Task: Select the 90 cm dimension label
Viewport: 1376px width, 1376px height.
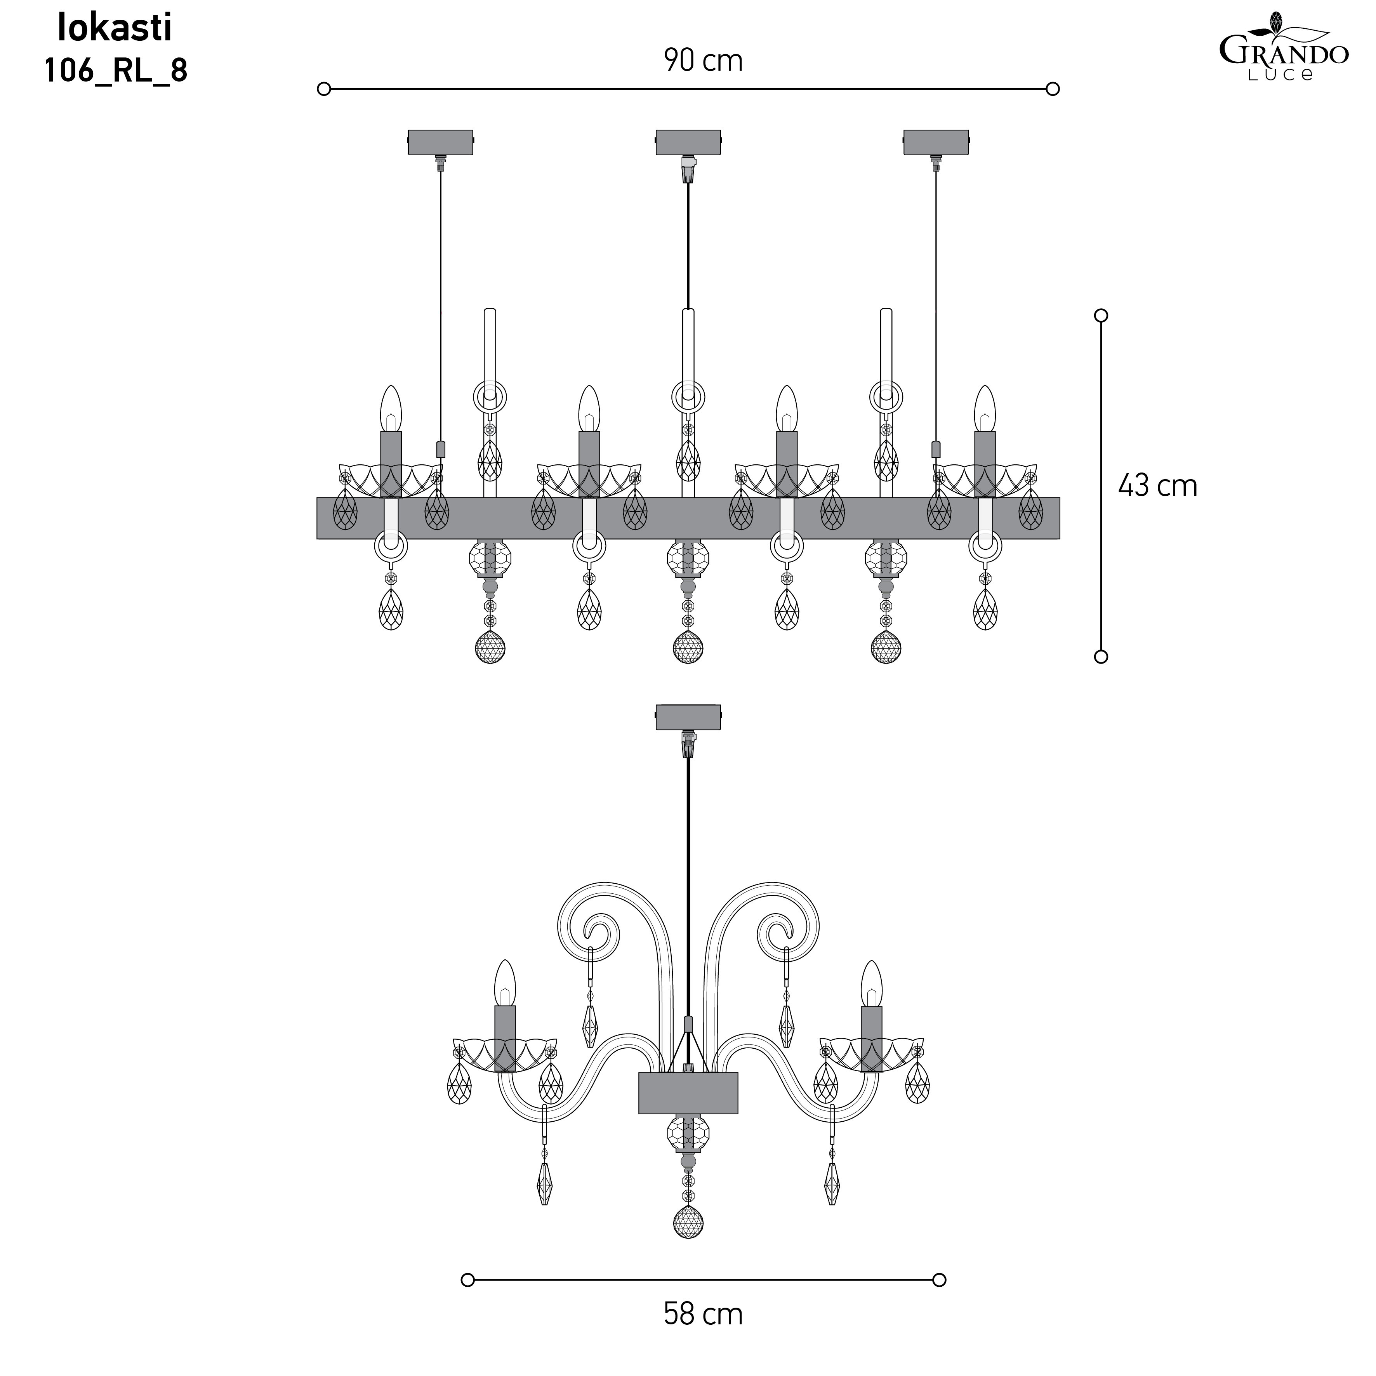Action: pyautogui.click(x=703, y=61)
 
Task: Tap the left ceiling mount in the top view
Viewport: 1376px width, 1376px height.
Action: pyautogui.click(x=441, y=142)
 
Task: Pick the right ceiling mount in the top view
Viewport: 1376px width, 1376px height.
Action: pyautogui.click(x=936, y=142)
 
